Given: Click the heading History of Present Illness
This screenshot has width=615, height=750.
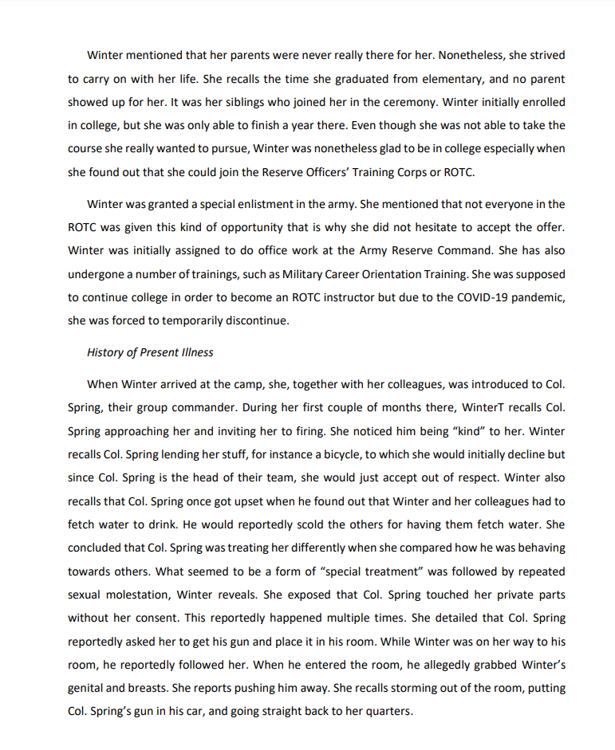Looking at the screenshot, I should [150, 352].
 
